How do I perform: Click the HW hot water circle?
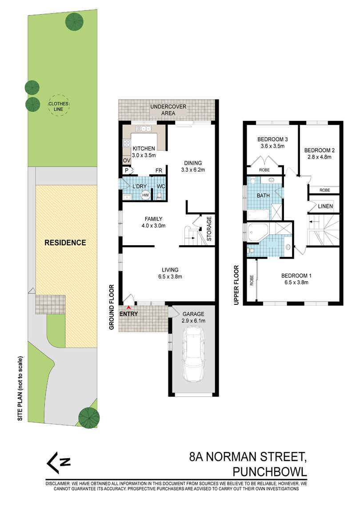145,195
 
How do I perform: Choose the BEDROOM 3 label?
271,142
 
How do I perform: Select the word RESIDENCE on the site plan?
65,243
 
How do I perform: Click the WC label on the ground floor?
160,186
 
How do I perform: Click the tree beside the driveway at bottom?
88,416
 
